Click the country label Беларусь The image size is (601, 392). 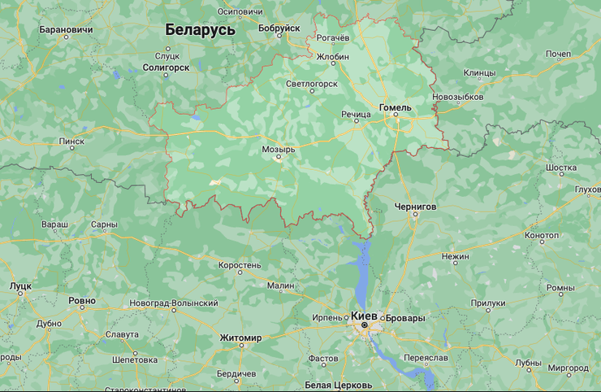click(x=200, y=30)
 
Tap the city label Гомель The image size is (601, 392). click(x=396, y=107)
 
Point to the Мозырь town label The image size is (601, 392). click(x=279, y=150)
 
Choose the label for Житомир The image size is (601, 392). click(x=240, y=338)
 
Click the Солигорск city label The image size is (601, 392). click(x=166, y=68)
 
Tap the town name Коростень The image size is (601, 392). click(x=240, y=265)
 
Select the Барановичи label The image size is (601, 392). click(x=66, y=30)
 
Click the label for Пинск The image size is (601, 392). click(x=71, y=141)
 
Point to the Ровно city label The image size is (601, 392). click(x=82, y=301)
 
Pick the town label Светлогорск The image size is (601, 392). click(x=311, y=83)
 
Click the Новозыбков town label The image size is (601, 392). click(x=458, y=97)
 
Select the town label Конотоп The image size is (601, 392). click(x=542, y=236)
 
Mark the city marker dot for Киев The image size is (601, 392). click(x=364, y=325)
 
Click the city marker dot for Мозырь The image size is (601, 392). click(x=279, y=159)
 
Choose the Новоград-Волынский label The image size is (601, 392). click(x=173, y=303)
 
